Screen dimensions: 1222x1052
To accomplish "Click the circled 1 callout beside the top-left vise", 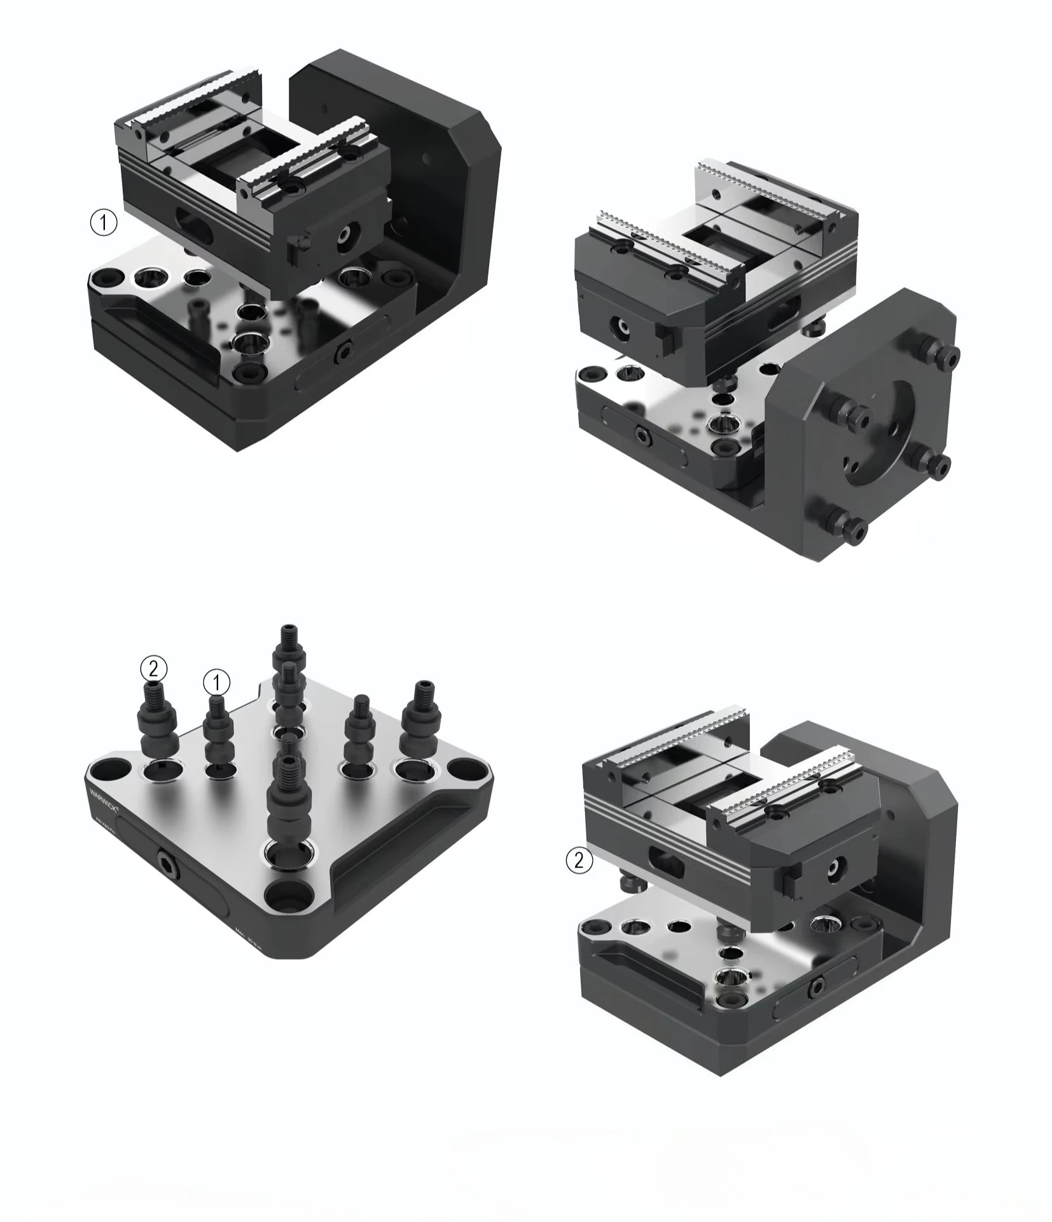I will pos(104,223).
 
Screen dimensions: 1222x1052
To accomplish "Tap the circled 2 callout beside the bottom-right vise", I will pos(579,860).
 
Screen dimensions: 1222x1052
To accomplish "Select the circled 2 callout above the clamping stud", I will pos(153,669).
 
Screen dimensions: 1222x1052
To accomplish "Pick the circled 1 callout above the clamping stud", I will pos(216,683).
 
